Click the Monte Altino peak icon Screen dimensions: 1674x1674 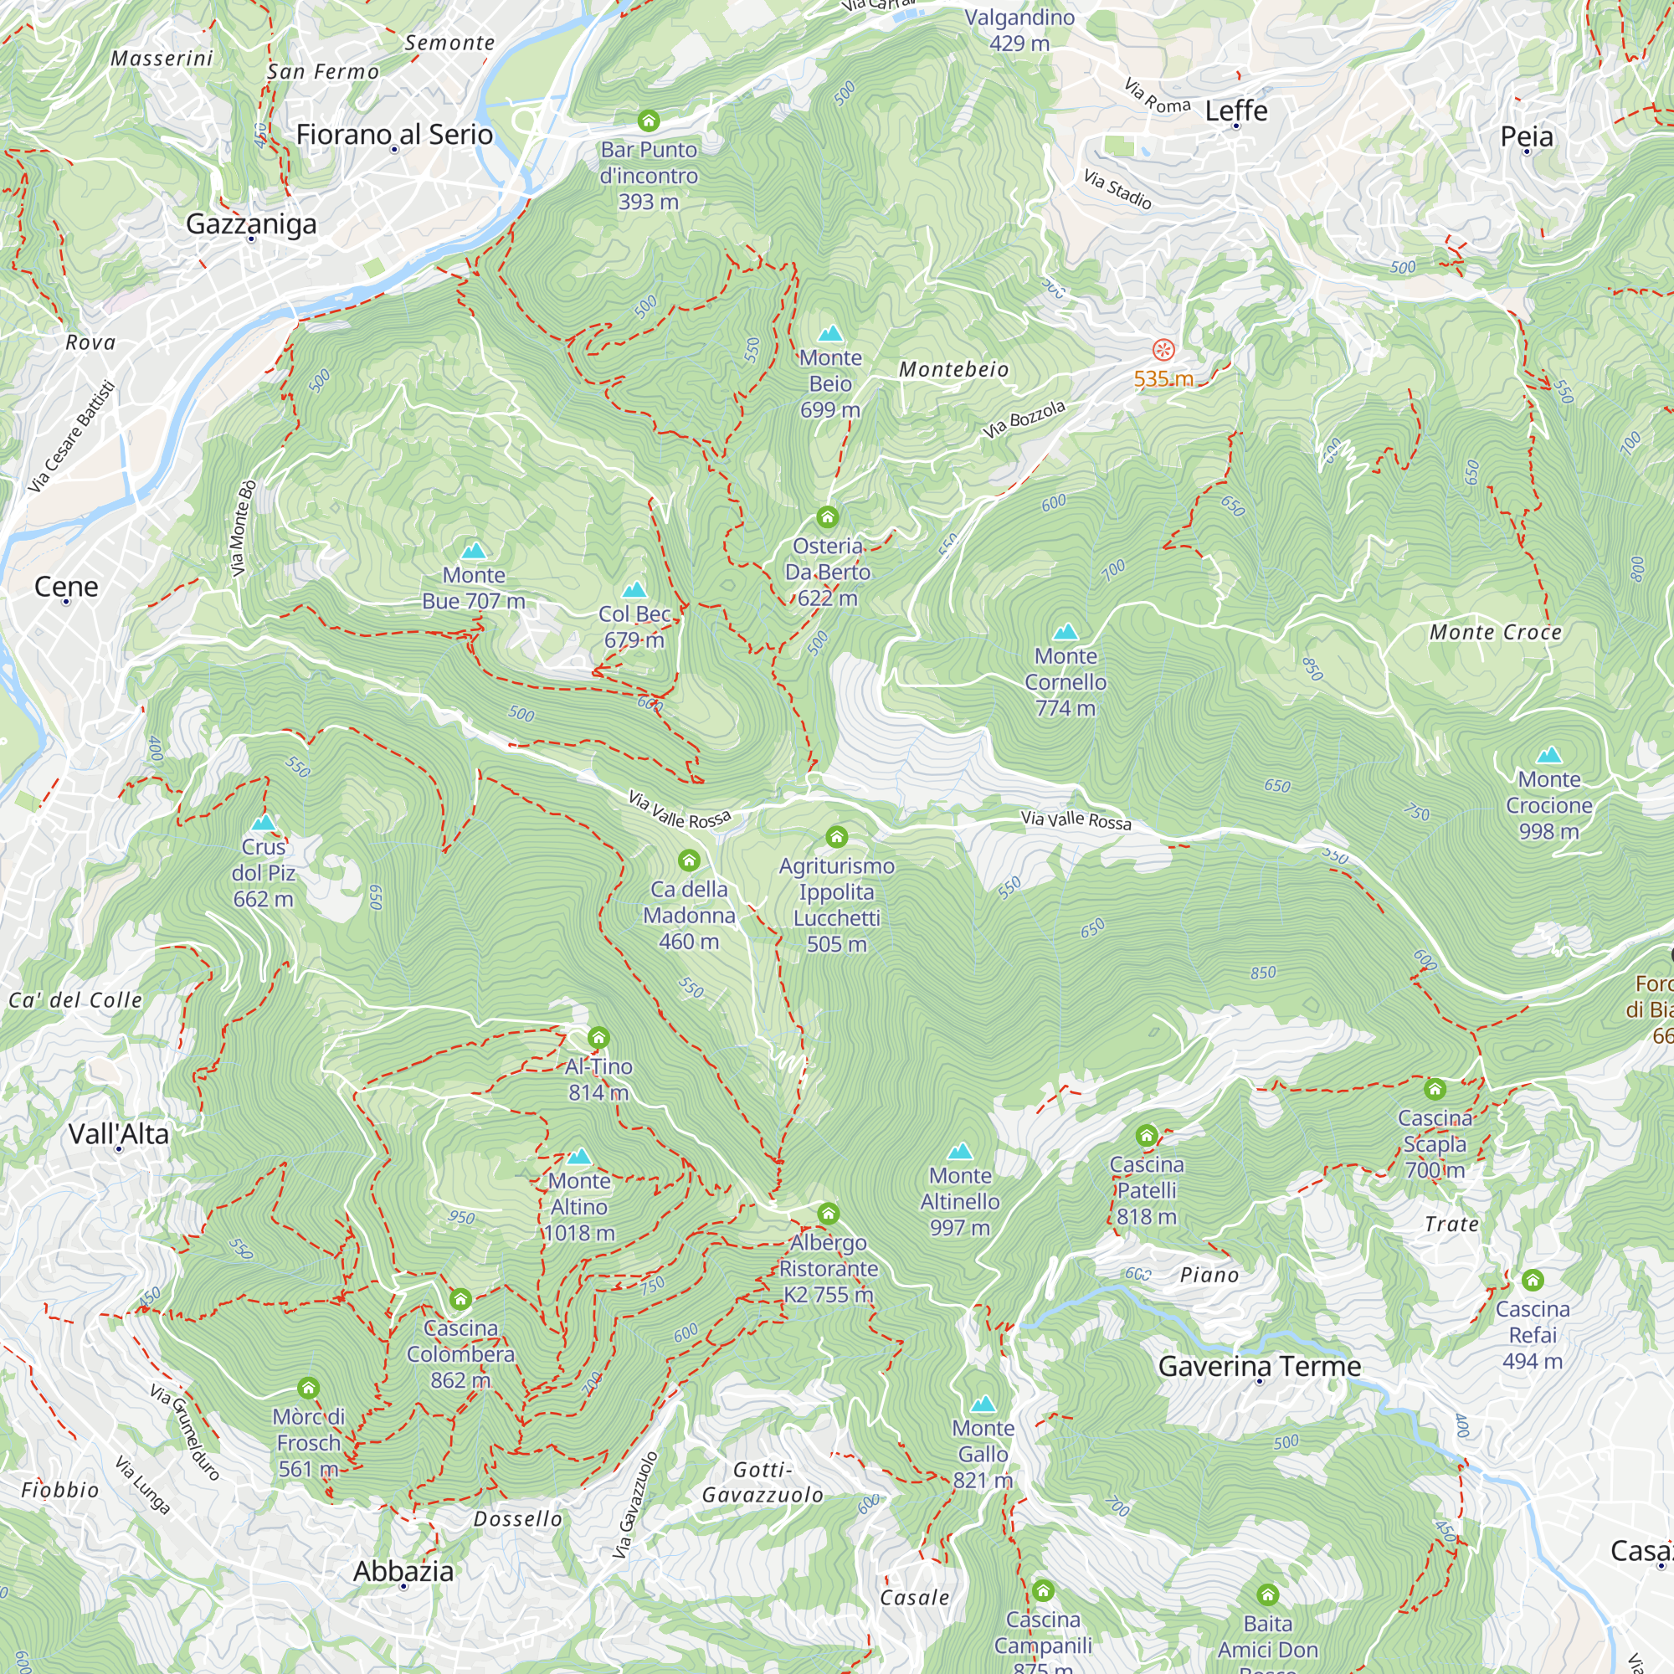coord(579,1157)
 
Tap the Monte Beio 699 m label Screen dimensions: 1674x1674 coord(830,384)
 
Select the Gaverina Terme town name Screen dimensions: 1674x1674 coord(1259,1367)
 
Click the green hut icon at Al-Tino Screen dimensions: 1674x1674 coord(598,1037)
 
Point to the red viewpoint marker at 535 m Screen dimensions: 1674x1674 coord(1163,350)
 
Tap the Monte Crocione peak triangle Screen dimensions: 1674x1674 coord(1548,755)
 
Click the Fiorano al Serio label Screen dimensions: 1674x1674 coord(394,134)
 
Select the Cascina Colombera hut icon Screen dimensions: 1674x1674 coord(460,1299)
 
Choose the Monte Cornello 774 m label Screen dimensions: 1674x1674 coord(1065,682)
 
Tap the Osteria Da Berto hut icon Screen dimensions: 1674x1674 coord(828,517)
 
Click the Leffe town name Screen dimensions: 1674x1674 coord(1235,111)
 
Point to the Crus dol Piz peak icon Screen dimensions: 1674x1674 coord(263,822)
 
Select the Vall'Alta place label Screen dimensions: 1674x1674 coord(119,1133)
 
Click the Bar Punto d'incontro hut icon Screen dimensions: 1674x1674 coord(648,121)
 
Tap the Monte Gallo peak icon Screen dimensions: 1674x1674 coord(983,1404)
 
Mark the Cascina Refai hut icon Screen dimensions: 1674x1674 coord(1532,1280)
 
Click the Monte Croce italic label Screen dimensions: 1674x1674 coord(1496,633)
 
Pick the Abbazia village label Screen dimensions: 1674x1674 coord(403,1571)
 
